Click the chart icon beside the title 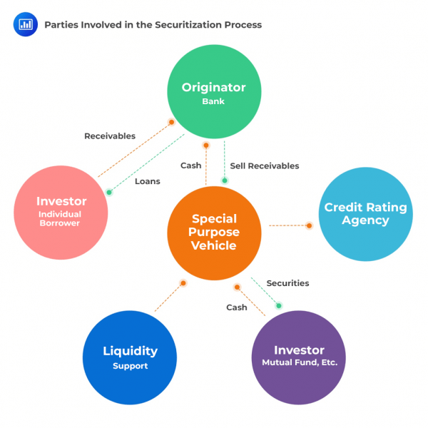click(x=25, y=24)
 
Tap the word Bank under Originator click(x=213, y=101)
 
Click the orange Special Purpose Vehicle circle click(x=214, y=233)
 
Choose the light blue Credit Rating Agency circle click(x=365, y=214)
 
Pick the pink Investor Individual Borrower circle click(x=61, y=213)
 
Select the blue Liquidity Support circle click(x=129, y=357)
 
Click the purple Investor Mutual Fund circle click(x=299, y=357)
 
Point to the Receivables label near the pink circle click(x=110, y=136)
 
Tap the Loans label click(x=148, y=181)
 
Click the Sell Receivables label click(x=265, y=165)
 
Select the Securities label click(x=287, y=283)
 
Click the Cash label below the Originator click(x=190, y=165)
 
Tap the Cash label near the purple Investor click(x=237, y=307)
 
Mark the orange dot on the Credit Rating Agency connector click(x=310, y=225)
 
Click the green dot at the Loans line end click(x=109, y=192)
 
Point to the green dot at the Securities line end click(x=279, y=305)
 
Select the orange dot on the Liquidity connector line click(x=183, y=283)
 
